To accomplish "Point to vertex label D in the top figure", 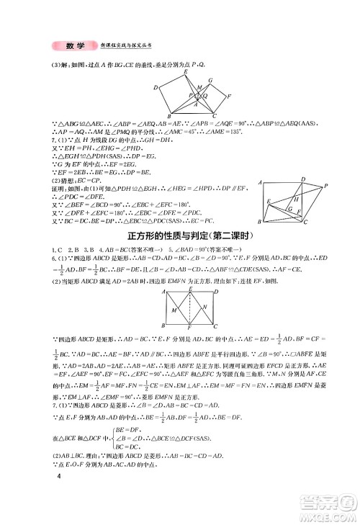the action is tap(154, 87).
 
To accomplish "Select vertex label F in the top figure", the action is tap(230, 97).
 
